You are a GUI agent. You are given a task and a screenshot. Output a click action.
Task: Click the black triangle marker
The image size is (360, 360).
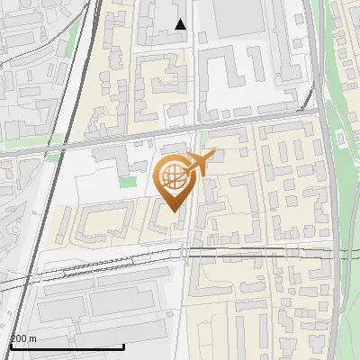181,24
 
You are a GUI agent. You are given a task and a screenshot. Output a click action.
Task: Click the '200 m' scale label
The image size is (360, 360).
24,338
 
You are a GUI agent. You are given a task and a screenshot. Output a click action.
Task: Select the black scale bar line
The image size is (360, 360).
67,346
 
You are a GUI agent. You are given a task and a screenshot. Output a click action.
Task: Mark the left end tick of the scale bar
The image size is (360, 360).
10,346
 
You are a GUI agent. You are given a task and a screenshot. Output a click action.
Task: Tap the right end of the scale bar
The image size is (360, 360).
123,346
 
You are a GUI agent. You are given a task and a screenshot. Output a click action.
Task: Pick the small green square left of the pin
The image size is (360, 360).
129,182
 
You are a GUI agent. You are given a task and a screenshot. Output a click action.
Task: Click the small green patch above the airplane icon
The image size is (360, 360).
203,139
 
